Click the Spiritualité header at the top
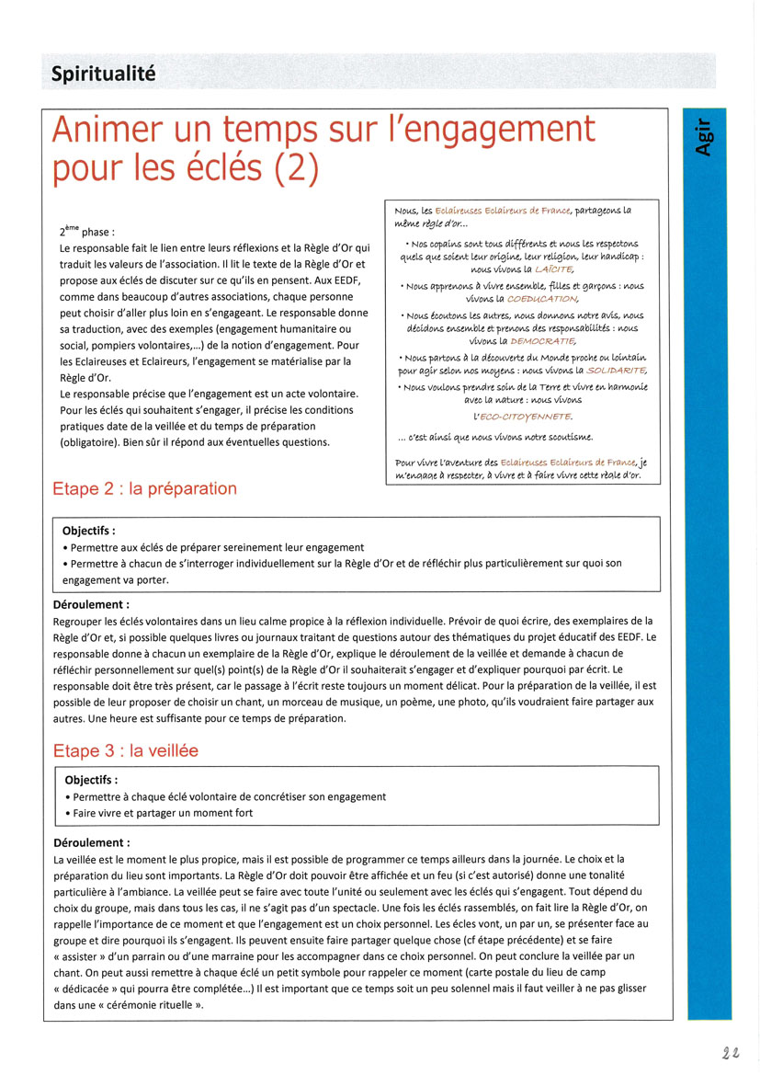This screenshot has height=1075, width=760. tap(103, 74)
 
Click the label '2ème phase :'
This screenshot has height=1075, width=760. tap(87, 233)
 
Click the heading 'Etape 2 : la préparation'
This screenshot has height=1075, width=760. tap(144, 489)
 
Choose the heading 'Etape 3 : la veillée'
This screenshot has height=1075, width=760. tap(125, 751)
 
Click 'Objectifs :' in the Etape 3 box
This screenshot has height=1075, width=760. tap(96, 781)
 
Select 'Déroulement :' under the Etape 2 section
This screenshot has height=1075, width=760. tap(92, 605)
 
